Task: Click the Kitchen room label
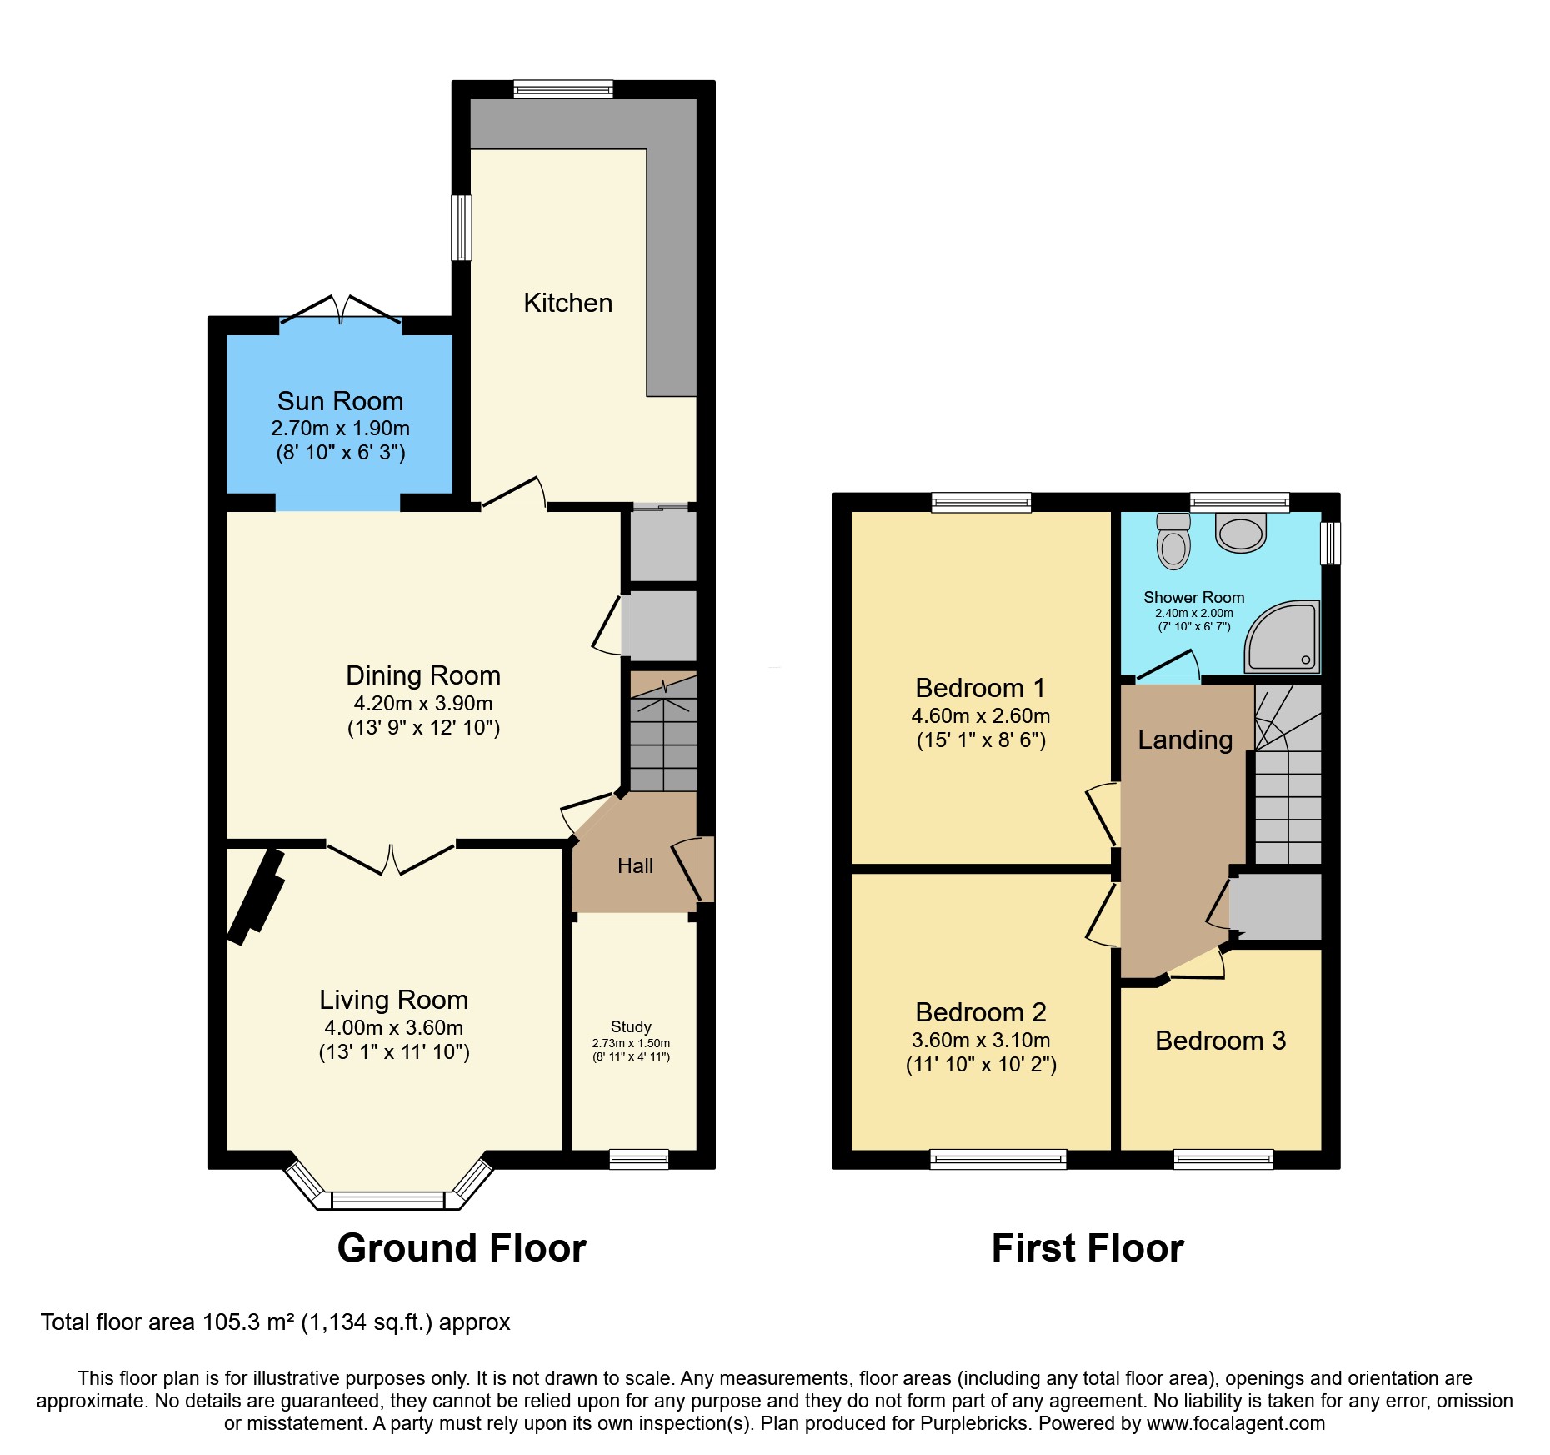pos(567,303)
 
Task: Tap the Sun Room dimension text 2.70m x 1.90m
pos(340,429)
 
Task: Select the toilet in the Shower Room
pos(1173,542)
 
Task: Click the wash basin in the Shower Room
pos(1241,534)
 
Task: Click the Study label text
pos(631,1027)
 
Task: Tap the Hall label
pos(635,866)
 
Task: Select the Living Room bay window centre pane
pos(388,1201)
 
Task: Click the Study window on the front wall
pos(639,1158)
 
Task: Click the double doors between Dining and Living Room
pos(391,860)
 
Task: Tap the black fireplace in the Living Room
pos(257,896)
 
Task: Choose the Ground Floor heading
pos(462,1248)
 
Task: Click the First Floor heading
pos(1087,1248)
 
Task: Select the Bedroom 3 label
pos(1220,1041)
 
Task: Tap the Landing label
pos(1184,740)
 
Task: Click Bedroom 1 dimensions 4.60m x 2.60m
pos(980,716)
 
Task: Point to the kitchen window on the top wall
pos(563,89)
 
